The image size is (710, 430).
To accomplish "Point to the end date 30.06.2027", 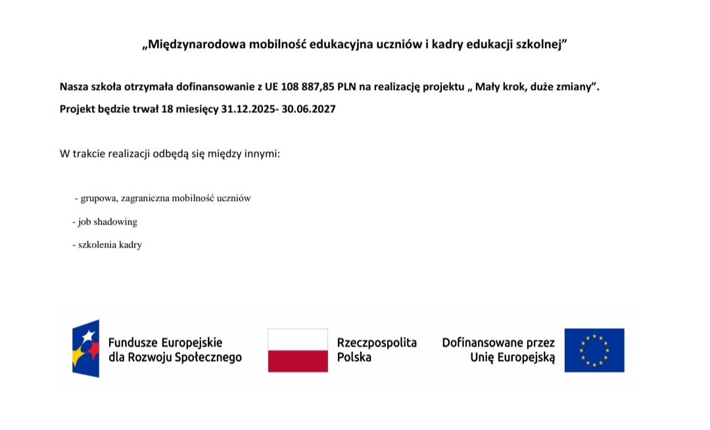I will pos(308,109).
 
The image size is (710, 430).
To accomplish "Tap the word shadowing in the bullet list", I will pos(115,222).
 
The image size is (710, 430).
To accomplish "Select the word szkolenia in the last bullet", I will pos(97,245).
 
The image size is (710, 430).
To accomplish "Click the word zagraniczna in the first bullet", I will pos(145,198).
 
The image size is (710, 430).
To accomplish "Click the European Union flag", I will pos(594,351).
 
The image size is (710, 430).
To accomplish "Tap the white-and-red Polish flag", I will pos(298,351).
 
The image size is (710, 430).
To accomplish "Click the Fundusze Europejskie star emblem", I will pos(85,349).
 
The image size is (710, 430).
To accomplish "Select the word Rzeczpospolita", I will pos(377,343).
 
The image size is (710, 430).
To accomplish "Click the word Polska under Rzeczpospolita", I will pos(354,358).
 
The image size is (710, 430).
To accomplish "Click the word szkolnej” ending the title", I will pos(544,45).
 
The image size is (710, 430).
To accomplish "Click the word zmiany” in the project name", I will pos(579,87).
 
